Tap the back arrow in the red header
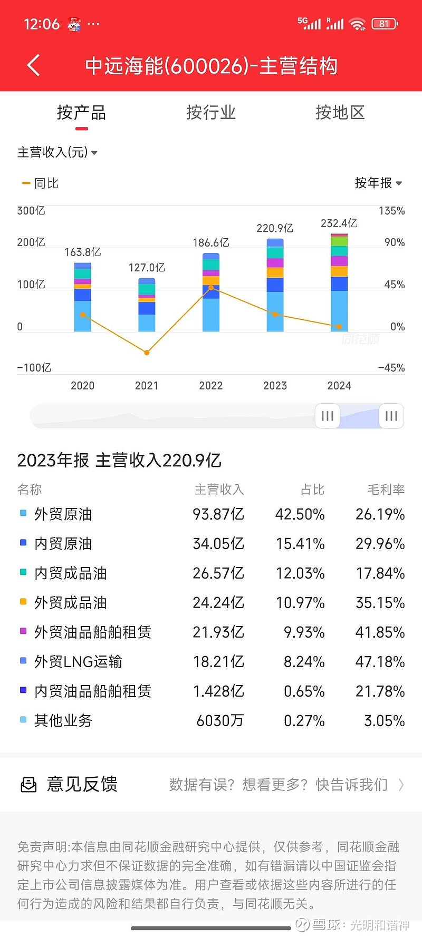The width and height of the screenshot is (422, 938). coord(33,66)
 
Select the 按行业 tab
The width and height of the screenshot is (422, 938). coord(210,112)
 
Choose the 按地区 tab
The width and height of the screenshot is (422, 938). coord(340,112)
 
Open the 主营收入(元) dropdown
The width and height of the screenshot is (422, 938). coord(57,152)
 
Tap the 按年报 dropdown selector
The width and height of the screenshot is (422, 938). coord(378,183)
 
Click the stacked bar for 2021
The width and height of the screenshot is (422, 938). coord(147,305)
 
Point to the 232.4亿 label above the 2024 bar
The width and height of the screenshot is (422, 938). coord(339,223)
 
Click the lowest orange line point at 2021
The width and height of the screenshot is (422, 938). coord(147,353)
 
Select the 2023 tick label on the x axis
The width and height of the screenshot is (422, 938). coord(275,386)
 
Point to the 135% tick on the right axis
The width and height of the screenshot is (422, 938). coord(391,211)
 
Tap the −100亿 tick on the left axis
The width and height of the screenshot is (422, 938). coord(34,368)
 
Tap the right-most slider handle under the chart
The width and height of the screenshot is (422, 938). coord(391,416)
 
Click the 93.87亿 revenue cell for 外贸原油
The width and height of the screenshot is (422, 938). coord(218,514)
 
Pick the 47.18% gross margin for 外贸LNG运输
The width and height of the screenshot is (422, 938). coord(380,662)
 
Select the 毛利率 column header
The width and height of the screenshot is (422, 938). coord(386,490)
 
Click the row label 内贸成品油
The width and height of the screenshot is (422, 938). coord(70,573)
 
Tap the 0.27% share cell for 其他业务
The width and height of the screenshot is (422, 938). coord(304,721)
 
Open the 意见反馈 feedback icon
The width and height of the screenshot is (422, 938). coord(28,785)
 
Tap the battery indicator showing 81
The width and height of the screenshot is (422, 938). coord(385,24)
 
